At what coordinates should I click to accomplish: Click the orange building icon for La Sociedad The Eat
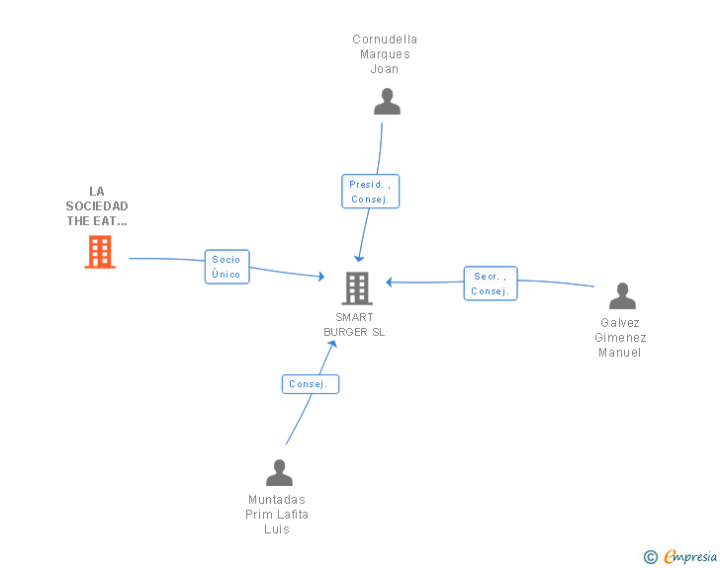99,252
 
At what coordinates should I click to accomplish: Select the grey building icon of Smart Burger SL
356,288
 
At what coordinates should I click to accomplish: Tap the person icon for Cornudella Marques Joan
387,102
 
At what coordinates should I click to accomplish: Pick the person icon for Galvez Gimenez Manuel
622,296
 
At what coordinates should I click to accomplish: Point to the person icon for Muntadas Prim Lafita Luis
279,473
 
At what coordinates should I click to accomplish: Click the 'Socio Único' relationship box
226,267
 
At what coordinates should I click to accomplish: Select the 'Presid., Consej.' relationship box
371,192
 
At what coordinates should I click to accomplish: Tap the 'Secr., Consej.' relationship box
490,284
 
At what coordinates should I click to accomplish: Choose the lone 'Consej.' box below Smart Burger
310,384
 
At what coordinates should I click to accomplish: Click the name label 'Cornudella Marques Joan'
385,54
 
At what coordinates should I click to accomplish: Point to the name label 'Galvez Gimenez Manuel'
620,338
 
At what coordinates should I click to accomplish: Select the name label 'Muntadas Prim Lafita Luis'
277,515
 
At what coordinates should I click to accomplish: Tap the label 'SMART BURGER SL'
354,325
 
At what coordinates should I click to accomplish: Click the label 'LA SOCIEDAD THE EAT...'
97,206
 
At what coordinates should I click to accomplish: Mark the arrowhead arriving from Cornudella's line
359,258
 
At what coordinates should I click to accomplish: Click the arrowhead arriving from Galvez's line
391,282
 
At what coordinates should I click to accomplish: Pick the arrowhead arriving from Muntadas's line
333,345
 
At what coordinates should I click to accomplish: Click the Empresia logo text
690,557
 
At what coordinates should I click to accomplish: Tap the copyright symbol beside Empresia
651,558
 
